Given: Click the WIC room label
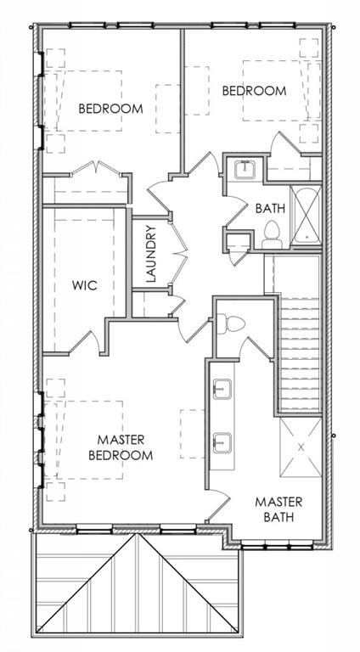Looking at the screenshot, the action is (x=84, y=285).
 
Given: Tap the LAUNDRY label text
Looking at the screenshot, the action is (x=152, y=254).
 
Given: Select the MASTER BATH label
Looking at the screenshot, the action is (x=278, y=509).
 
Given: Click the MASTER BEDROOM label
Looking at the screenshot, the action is (x=121, y=447).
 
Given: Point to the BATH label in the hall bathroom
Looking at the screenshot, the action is (x=270, y=208).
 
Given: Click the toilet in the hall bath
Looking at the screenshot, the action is (x=273, y=234).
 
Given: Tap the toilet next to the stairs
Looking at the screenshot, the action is (x=231, y=323).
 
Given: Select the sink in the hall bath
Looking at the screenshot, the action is (x=245, y=170).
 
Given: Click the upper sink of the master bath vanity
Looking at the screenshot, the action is (x=222, y=388).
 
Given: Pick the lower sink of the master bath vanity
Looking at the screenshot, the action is (x=222, y=442).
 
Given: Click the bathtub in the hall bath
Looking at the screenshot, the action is (x=306, y=216).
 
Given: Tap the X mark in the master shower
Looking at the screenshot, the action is (x=301, y=447).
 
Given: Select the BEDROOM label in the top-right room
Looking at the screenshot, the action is (x=255, y=91).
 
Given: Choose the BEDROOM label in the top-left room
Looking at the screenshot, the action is (x=111, y=109).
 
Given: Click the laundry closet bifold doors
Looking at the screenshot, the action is (x=178, y=254).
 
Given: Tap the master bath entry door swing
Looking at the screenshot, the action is (x=218, y=504).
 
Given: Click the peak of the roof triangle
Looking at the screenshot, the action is (x=136, y=535).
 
